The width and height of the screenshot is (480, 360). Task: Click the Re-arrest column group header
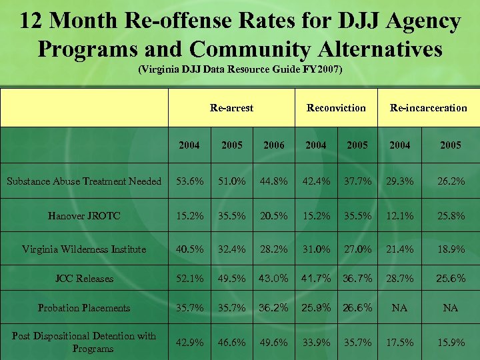tap(231, 107)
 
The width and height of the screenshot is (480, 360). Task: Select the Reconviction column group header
tap(336, 107)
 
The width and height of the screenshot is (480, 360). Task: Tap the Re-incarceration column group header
tap(428, 107)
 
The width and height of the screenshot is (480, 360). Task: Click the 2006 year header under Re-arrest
tap(274, 145)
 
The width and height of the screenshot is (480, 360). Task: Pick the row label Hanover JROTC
tap(84, 215)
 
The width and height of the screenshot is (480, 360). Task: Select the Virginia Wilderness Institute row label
tap(84, 249)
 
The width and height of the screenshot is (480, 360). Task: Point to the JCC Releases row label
tap(84, 279)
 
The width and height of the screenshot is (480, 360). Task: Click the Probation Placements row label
tap(84, 308)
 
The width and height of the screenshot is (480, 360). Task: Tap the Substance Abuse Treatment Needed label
tap(84, 181)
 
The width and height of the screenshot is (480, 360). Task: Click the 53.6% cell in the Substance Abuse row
tap(189, 181)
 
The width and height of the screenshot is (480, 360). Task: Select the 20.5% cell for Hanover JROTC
tap(274, 215)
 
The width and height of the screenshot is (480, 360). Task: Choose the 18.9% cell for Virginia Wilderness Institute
tap(451, 249)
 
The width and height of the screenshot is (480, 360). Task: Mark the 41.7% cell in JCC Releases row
tap(316, 279)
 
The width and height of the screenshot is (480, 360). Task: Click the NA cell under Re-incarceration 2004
tap(400, 308)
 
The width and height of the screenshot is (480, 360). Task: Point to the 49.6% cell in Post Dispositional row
tap(274, 343)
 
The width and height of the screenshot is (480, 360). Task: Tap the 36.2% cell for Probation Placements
tap(274, 308)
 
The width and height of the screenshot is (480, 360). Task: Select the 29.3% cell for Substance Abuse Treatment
tap(400, 181)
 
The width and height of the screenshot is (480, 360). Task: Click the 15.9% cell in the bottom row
tap(451, 343)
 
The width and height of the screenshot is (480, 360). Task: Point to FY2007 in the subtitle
tap(322, 69)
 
